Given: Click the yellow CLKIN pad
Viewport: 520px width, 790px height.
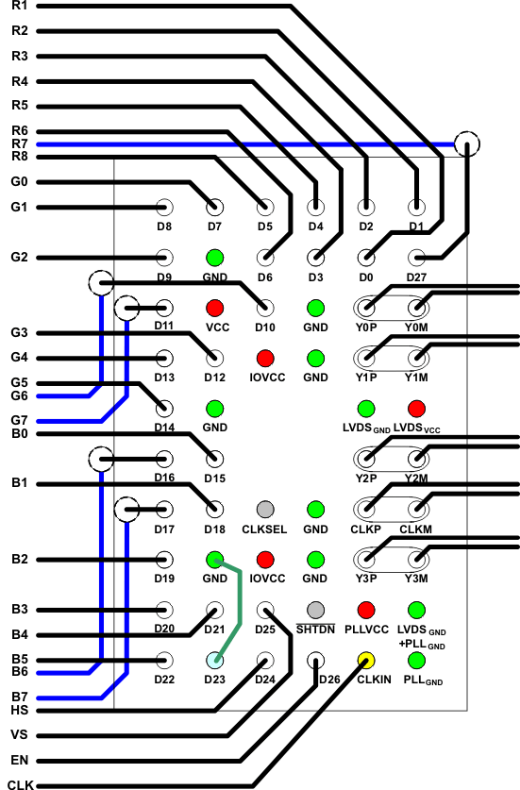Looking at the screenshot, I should click(366, 661).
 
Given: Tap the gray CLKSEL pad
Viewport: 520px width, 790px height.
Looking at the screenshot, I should click(265, 509).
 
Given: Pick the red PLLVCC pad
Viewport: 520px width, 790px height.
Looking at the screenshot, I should click(366, 611).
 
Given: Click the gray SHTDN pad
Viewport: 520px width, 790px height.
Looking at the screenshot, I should click(316, 611).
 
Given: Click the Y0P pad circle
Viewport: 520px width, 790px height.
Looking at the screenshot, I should click(366, 308).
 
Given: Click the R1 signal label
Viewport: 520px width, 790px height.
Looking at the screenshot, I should click(20, 7).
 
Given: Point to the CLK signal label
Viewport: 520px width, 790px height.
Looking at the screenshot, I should click(18, 784).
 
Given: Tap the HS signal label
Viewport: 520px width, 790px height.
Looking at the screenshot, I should click(18, 710).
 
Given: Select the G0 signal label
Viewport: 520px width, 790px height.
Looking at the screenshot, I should click(20, 182).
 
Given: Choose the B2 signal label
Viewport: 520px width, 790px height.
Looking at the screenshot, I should click(20, 559).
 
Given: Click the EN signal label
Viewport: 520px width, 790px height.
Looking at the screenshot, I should click(18, 760).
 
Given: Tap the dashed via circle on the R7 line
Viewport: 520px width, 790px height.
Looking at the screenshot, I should click(467, 143).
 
